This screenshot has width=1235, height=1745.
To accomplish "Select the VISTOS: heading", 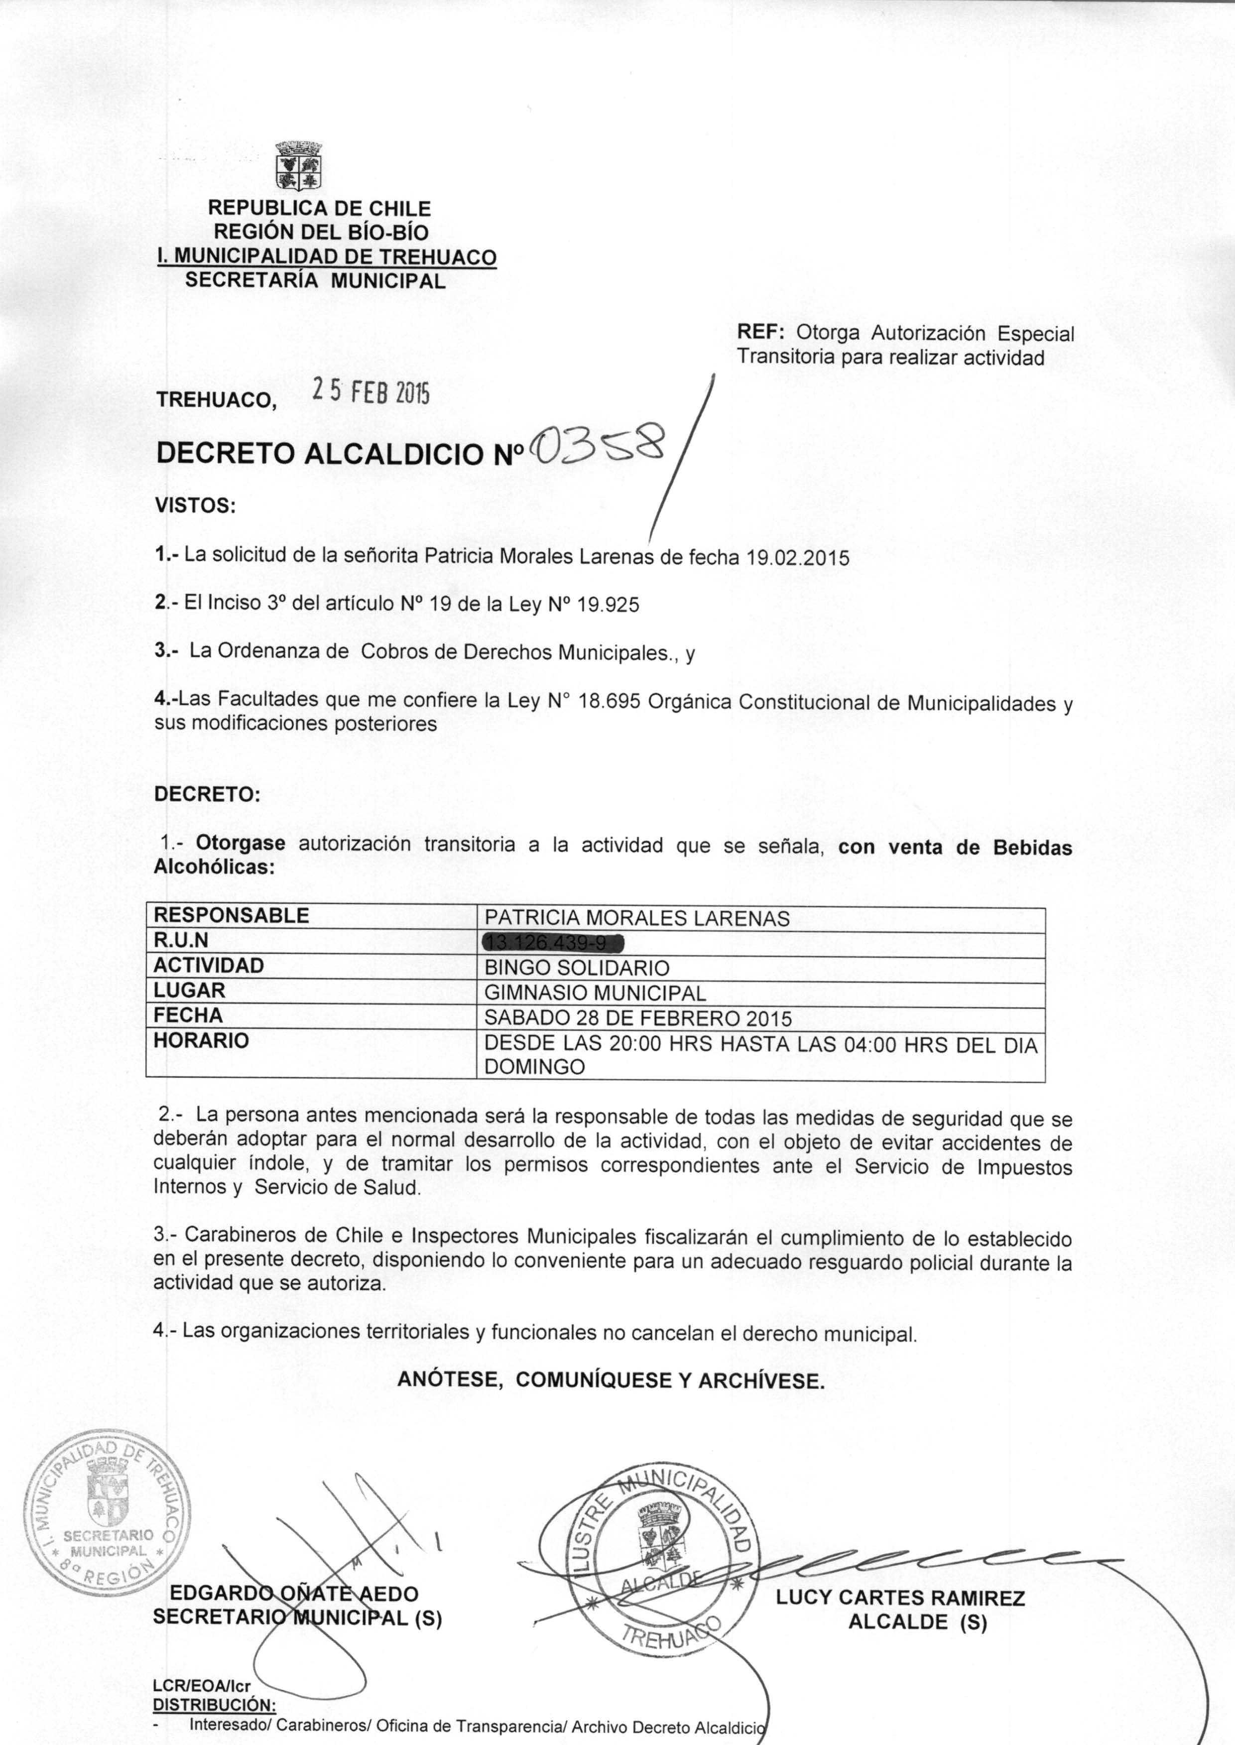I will click(x=195, y=505).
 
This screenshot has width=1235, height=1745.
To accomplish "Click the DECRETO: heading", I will click(x=207, y=795).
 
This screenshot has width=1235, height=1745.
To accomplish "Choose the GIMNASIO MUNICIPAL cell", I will click(x=596, y=993).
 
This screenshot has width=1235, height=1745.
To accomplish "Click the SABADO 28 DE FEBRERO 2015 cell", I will click(x=638, y=1018).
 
